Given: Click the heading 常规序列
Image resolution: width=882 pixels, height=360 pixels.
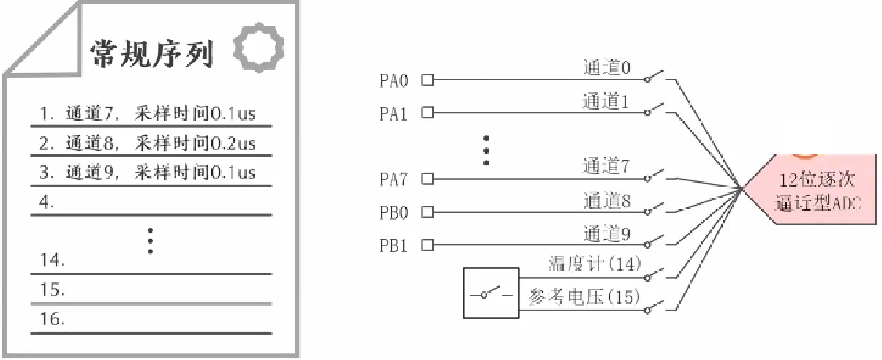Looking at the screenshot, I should pos(151,53).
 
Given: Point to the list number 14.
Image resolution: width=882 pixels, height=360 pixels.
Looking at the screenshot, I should pos(53,260).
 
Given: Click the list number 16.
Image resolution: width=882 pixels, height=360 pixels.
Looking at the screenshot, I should pos(53,319).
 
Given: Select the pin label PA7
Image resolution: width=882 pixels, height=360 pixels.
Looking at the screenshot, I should pos(393,179).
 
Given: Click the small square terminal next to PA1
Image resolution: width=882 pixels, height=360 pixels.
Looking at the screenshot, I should pos(428,113).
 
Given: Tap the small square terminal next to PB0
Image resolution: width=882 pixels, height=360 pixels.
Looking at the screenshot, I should pos(428,211).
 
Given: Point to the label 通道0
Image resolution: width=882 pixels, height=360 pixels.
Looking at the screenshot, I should pos(606,68).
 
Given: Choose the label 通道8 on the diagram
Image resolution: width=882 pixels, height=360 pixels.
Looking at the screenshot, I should pos(606,200).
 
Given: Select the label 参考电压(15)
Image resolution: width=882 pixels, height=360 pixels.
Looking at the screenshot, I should pos(584,297).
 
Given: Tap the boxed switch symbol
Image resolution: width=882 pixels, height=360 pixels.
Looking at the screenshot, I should pos(491,293).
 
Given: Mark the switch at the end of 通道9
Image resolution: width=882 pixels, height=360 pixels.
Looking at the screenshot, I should pos(655,240).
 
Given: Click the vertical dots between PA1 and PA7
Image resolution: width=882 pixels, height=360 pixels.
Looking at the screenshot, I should pos(486,150).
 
